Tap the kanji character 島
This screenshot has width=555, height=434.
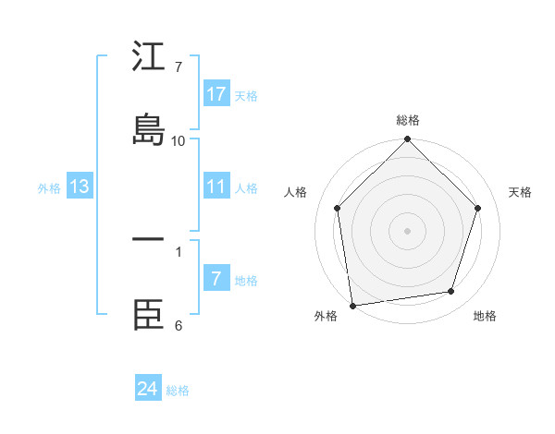click(x=148, y=129)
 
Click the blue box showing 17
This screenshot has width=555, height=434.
click(x=216, y=93)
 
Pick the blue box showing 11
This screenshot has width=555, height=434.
click(x=216, y=187)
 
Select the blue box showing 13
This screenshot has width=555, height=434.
click(x=80, y=187)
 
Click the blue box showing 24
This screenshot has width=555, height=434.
click(x=148, y=389)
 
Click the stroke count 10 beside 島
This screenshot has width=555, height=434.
click(x=179, y=140)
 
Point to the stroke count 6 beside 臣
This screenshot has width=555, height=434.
click(x=179, y=325)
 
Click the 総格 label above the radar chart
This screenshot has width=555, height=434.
click(x=408, y=120)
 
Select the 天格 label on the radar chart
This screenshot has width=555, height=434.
click(x=520, y=192)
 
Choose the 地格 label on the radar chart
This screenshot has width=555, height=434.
click(x=485, y=316)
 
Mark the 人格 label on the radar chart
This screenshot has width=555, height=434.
click(x=296, y=192)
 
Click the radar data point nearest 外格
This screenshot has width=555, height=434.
click(x=352, y=305)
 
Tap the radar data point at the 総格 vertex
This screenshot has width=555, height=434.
click(x=408, y=139)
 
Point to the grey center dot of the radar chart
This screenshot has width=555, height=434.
click(x=408, y=230)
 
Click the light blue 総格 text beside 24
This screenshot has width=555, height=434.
click(x=179, y=391)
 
